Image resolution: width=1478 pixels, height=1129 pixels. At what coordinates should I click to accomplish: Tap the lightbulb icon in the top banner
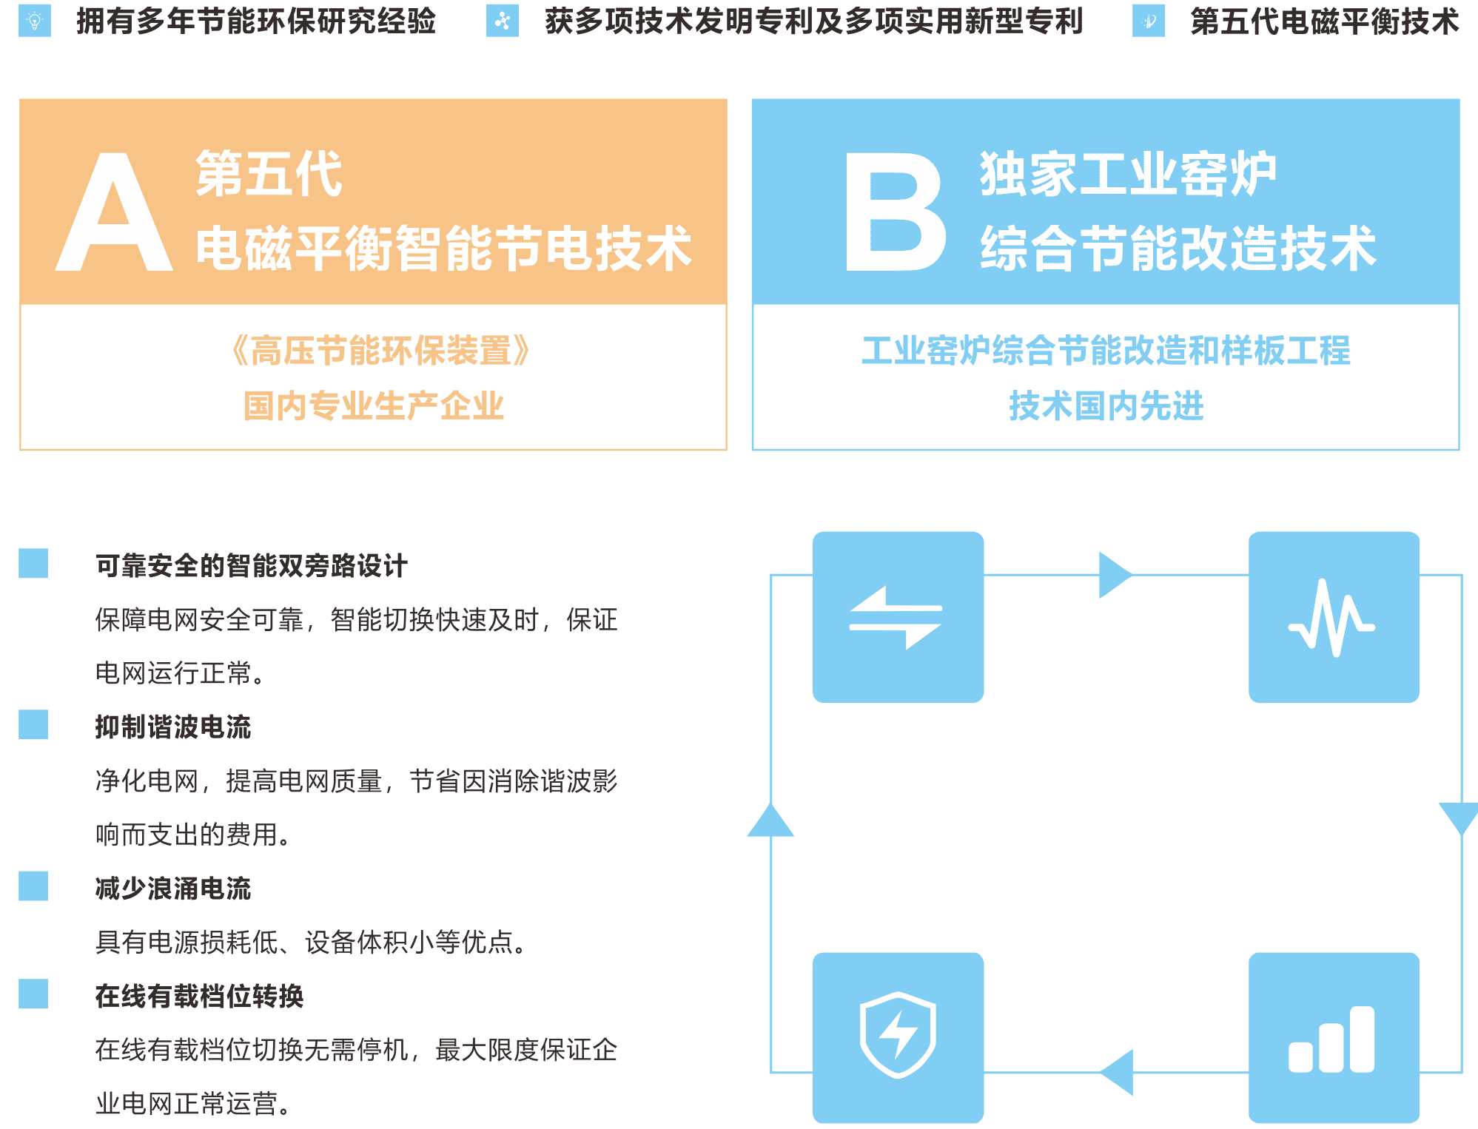pyautogui.click(x=34, y=21)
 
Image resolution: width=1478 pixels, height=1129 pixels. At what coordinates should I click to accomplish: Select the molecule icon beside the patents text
pyautogui.click(x=503, y=21)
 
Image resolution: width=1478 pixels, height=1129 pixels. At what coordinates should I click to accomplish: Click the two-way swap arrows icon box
pyautogui.click(x=898, y=616)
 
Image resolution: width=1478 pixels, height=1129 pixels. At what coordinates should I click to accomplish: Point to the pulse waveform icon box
pyautogui.click(x=1333, y=616)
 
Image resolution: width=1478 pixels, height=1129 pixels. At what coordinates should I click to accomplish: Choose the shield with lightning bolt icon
pyautogui.click(x=898, y=1037)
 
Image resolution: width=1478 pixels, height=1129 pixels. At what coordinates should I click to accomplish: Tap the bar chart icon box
pyautogui.click(x=1333, y=1037)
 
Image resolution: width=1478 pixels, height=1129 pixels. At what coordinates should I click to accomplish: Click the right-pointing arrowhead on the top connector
pyautogui.click(x=1114, y=575)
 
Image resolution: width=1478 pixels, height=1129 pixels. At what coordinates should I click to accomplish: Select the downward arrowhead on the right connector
pyautogui.click(x=1461, y=818)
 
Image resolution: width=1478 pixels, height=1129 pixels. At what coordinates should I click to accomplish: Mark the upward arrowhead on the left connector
pyautogui.click(x=770, y=821)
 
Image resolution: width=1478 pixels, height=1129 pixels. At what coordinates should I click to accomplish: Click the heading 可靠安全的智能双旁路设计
pyautogui.click(x=252, y=566)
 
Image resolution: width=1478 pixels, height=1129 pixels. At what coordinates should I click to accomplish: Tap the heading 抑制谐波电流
pyautogui.click(x=173, y=727)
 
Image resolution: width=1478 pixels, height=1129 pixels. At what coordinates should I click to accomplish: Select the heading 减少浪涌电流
pyautogui.click(x=173, y=889)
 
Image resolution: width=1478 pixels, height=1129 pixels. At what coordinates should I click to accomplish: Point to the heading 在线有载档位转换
pyautogui.click(x=199, y=997)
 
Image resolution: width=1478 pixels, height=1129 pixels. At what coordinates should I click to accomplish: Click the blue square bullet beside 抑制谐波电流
pyautogui.click(x=33, y=724)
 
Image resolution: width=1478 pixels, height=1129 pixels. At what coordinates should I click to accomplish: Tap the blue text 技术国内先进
pyautogui.click(x=1106, y=406)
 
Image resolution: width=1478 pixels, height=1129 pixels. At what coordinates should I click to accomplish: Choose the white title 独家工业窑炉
pyautogui.click(x=1128, y=175)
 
